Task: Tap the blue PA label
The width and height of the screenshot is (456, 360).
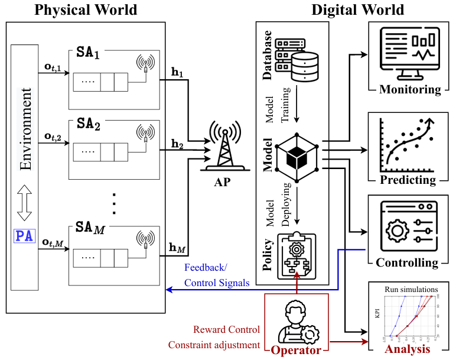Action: [25, 237]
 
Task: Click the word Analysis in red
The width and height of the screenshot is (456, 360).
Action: [408, 349]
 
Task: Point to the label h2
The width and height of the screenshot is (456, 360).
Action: [177, 143]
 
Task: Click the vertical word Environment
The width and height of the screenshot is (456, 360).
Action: [25, 130]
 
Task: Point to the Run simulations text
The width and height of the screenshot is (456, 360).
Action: [411, 289]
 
